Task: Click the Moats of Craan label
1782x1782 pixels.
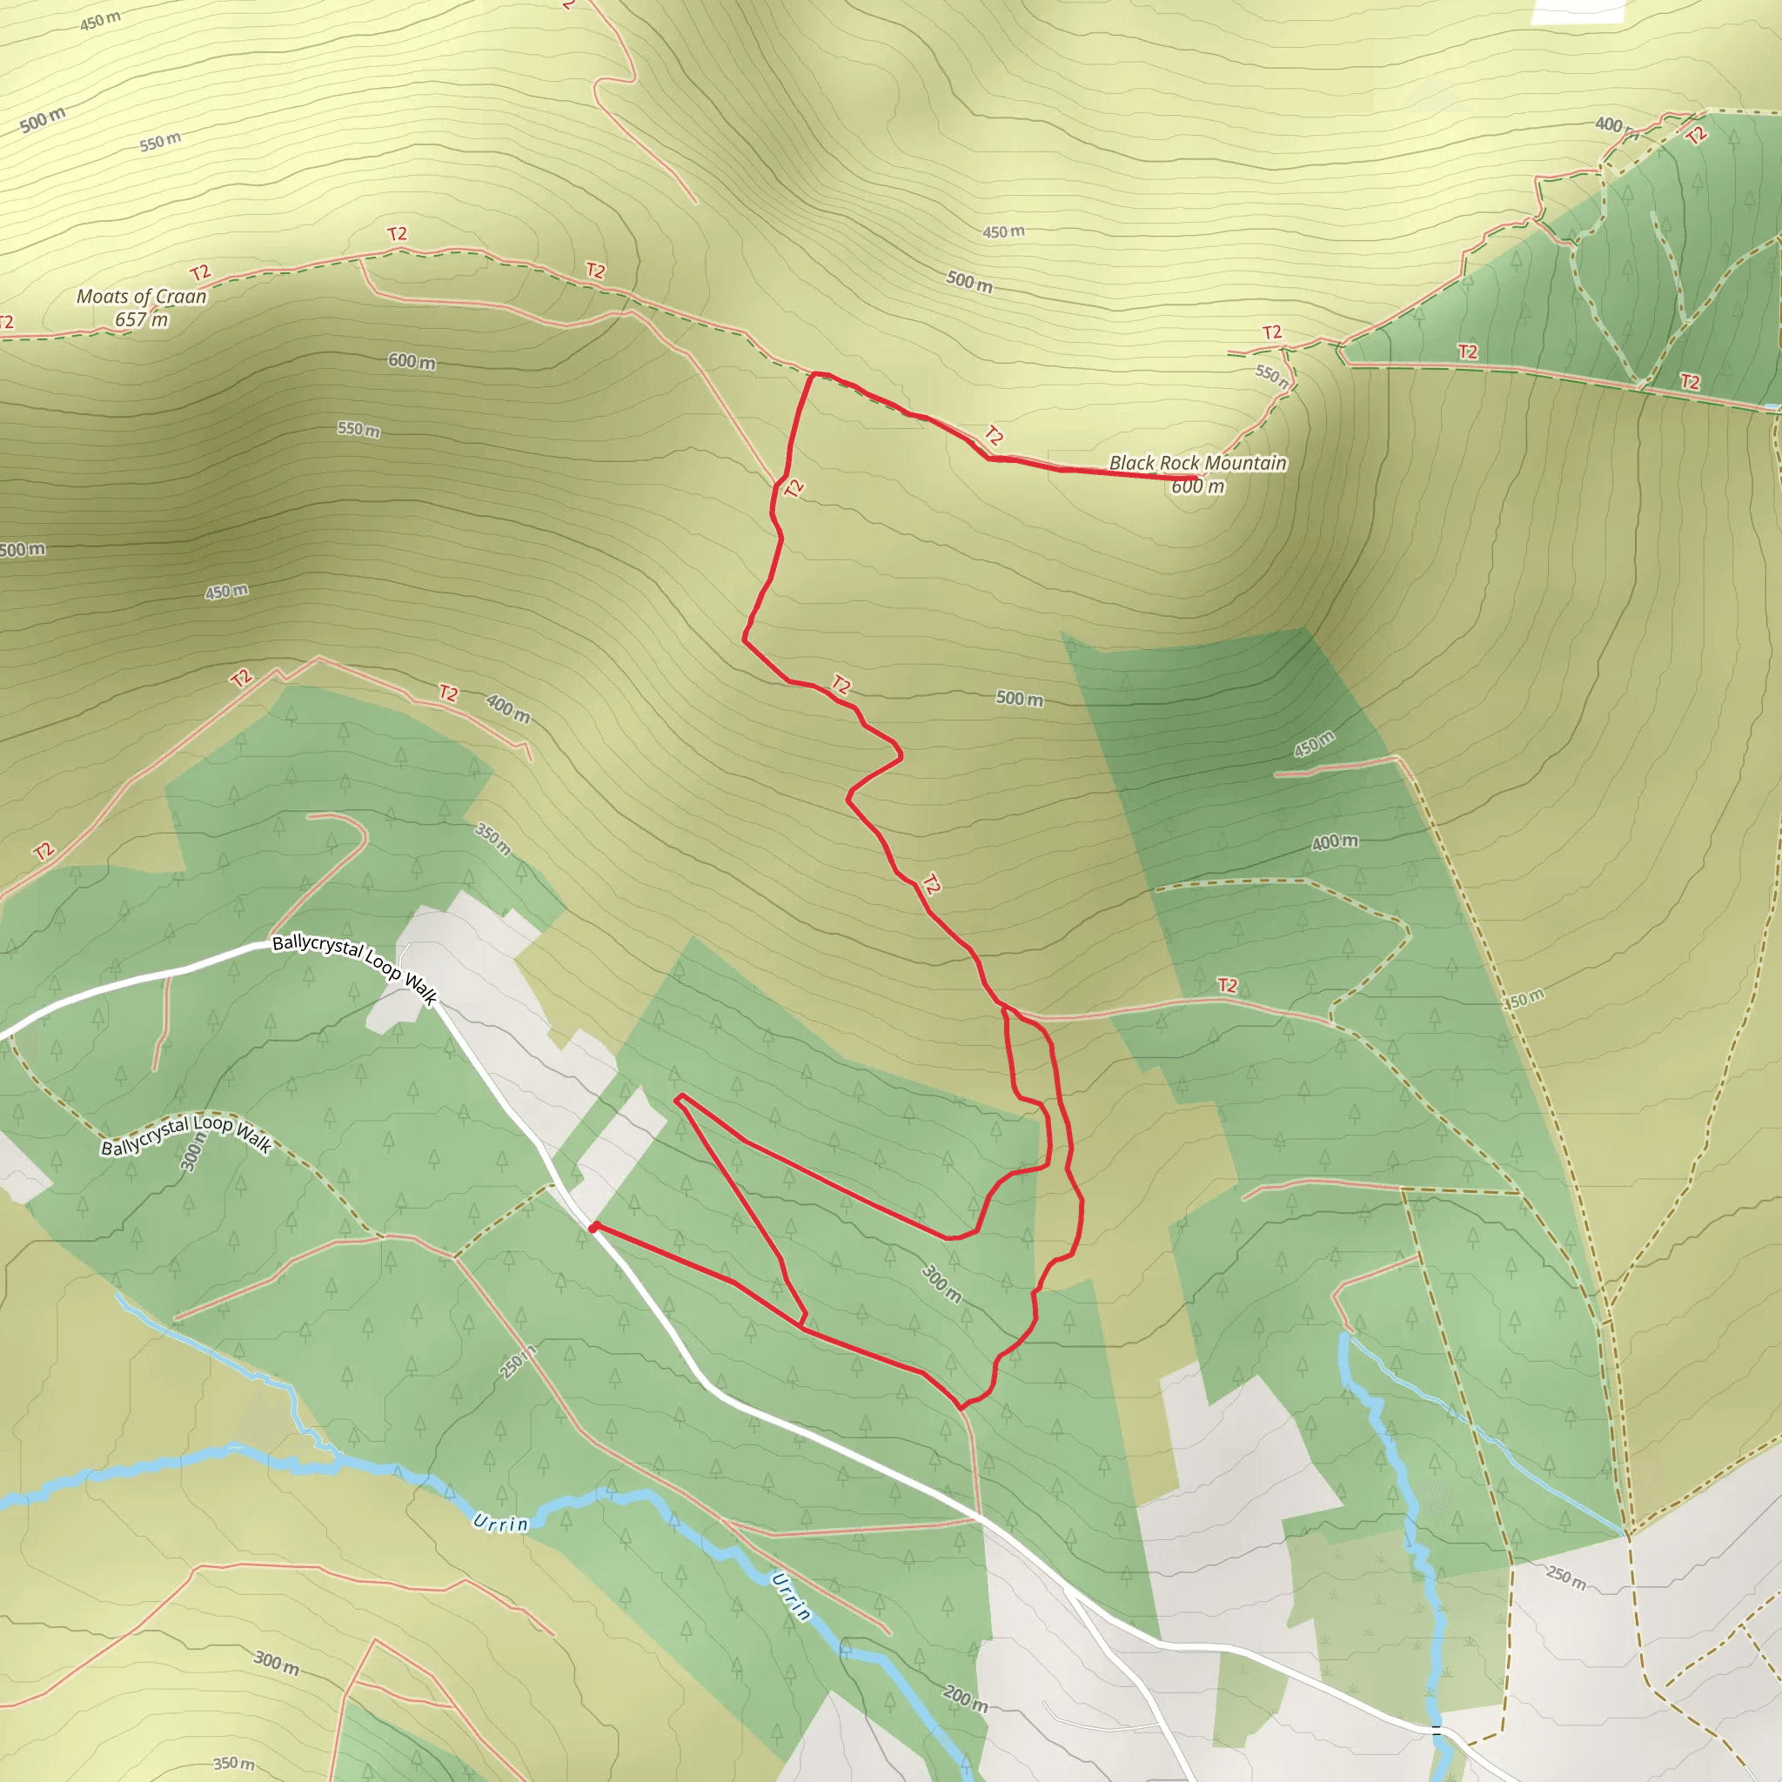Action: click(141, 297)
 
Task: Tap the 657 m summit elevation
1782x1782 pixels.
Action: click(141, 320)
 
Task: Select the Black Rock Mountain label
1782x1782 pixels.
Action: click(1197, 463)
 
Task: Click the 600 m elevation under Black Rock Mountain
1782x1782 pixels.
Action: click(1197, 487)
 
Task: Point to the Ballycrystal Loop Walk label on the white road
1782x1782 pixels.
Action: click(354, 968)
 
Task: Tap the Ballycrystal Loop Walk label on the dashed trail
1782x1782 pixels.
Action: click(185, 1136)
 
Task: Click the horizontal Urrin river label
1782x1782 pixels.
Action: click(501, 1523)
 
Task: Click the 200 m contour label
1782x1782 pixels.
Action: click(965, 1698)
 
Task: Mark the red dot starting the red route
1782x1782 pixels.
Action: click(594, 1227)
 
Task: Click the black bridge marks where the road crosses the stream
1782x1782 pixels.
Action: click(1435, 1730)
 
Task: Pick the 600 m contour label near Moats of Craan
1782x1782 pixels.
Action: click(412, 362)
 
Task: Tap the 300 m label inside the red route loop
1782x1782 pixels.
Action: click(941, 1283)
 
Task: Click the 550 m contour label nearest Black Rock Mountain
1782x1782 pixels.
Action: click(1272, 373)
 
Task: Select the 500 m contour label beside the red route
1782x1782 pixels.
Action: click(1019, 700)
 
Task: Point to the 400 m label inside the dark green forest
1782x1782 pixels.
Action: click(1335, 842)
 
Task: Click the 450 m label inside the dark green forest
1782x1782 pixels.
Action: click(1313, 743)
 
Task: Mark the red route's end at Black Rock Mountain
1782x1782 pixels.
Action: click(1196, 478)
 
